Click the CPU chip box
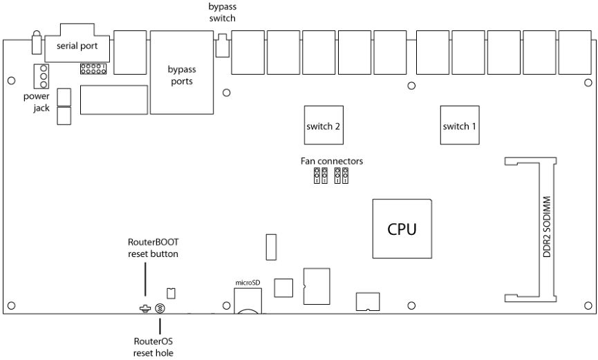[x=402, y=229]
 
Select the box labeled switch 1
[x=460, y=125]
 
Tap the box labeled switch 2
[x=324, y=125]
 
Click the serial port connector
[x=77, y=43]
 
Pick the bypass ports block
[x=182, y=73]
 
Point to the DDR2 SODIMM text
[x=547, y=227]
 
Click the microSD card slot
[x=248, y=301]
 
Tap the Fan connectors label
[x=331, y=161]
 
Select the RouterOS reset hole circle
[x=160, y=308]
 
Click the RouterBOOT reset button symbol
[x=145, y=308]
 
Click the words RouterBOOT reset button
[x=153, y=248]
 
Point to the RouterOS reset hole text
[x=153, y=347]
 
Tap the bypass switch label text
[x=223, y=12]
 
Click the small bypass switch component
[x=223, y=46]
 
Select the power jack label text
[x=37, y=102]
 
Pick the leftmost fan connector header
[x=317, y=176]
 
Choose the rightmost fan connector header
[x=345, y=176]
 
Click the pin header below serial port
[x=93, y=68]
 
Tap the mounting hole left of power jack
[x=12, y=80]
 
